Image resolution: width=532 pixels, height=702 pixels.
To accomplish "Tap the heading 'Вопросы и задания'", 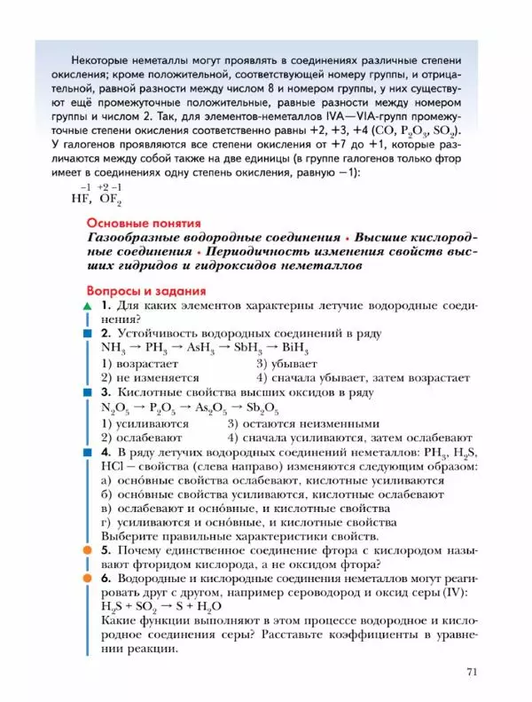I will pyautogui.click(x=146, y=290).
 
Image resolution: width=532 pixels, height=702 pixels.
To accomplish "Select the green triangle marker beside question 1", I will pyautogui.click(x=87, y=306).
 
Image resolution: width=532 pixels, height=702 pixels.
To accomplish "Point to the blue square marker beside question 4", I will pyautogui.click(x=87, y=453).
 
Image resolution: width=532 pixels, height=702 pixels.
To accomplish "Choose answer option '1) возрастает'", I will pyautogui.click(x=140, y=363).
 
